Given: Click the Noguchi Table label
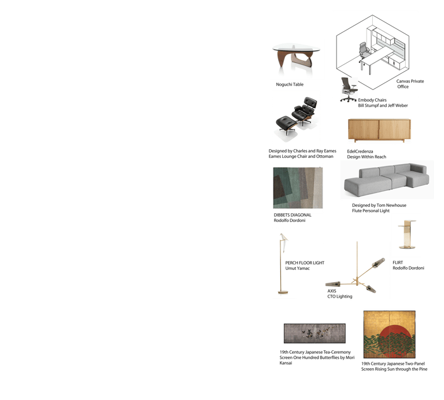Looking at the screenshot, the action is coord(290,84).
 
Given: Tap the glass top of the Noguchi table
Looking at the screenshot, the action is coord(296,48).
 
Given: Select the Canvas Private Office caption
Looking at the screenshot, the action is coord(410,84).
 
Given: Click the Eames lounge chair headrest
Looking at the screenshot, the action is coord(310,102).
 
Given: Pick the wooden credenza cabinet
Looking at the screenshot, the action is coord(379,130).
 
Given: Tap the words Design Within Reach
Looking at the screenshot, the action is coord(367,157).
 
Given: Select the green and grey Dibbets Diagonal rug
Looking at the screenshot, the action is coord(298,188).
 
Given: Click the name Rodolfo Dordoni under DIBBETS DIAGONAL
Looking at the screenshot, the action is coord(290,221).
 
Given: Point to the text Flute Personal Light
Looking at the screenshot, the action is coord(371,211).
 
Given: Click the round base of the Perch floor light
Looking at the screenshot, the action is coord(283,292).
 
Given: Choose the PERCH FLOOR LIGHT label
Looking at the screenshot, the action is coord(305,263).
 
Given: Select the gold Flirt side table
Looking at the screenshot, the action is coord(407,235).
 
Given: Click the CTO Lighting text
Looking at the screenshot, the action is coord(340,297).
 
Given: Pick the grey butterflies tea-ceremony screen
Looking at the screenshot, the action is coord(314,334).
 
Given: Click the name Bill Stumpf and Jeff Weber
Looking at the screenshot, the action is coord(383,106).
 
